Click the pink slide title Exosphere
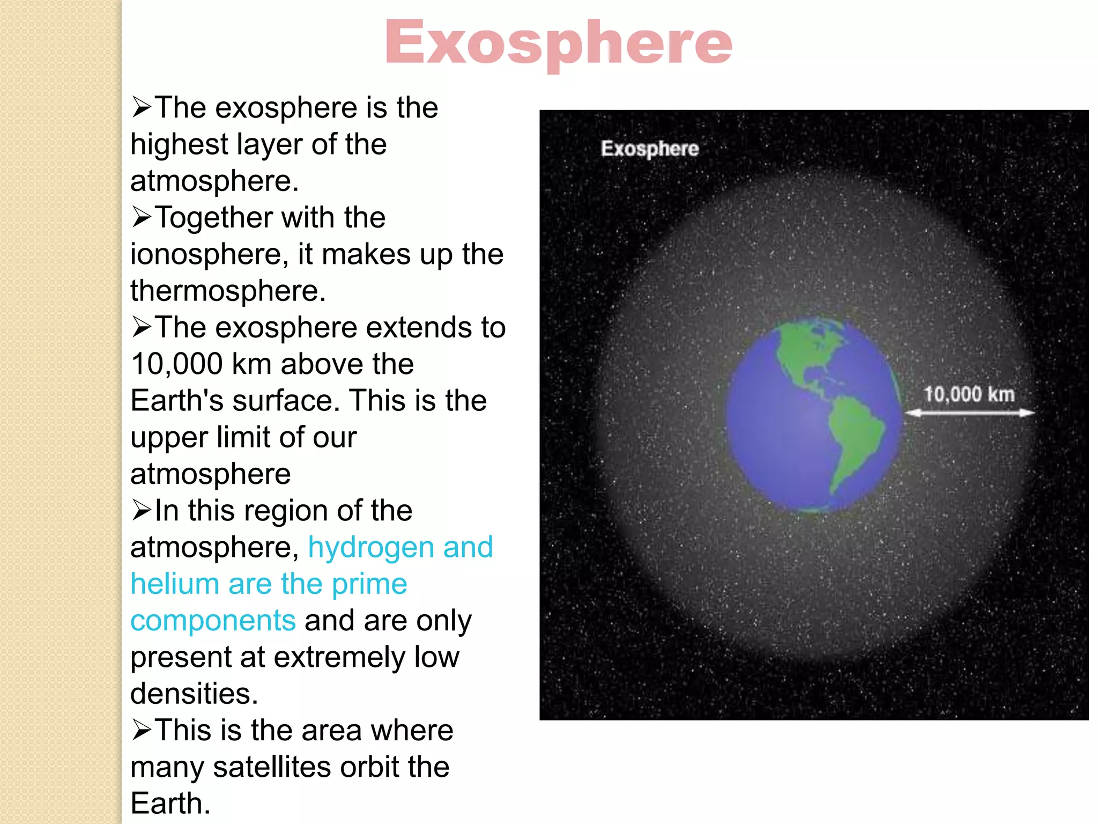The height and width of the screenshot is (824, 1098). [558, 43]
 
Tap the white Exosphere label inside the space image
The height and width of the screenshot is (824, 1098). [649, 149]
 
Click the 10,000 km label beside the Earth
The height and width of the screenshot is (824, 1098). [969, 394]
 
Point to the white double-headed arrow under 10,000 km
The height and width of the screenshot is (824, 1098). [969, 413]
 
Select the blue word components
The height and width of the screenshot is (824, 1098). [213, 621]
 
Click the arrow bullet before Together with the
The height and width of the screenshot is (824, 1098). [142, 217]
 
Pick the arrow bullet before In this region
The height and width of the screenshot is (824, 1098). [142, 510]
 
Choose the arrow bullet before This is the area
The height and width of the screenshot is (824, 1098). [142, 730]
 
